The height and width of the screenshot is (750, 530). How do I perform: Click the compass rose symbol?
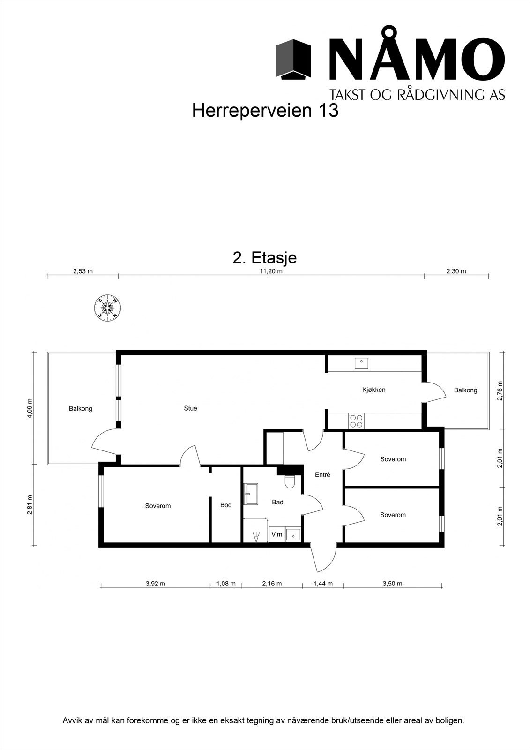coord(108,308)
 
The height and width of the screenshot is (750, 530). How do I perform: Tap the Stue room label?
coord(190,408)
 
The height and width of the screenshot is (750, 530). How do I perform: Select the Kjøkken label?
coord(373,390)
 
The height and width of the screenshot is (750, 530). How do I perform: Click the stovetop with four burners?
coord(356,421)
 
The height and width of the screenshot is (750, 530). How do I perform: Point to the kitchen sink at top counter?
coord(361,363)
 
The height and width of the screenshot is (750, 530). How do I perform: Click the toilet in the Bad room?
coord(290,481)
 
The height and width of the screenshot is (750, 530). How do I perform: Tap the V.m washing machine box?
coord(276,534)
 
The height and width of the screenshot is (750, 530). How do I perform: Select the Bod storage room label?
coord(226,505)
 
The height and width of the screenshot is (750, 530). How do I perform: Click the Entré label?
coord(322,475)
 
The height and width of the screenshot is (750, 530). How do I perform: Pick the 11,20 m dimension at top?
coord(271,271)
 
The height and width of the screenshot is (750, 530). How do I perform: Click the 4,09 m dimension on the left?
coord(30,408)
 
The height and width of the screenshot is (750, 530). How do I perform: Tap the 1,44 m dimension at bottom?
coord(323,584)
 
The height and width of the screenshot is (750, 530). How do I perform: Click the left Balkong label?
coord(81,408)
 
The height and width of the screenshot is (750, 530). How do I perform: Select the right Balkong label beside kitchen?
coord(465,390)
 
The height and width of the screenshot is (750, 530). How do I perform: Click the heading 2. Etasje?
coord(265,258)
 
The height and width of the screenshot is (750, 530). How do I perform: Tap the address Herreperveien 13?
coord(265,111)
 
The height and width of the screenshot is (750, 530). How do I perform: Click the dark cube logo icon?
coord(293,60)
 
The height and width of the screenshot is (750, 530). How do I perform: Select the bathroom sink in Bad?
coord(252,494)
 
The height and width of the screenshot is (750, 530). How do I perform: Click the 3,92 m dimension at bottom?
coord(155,584)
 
